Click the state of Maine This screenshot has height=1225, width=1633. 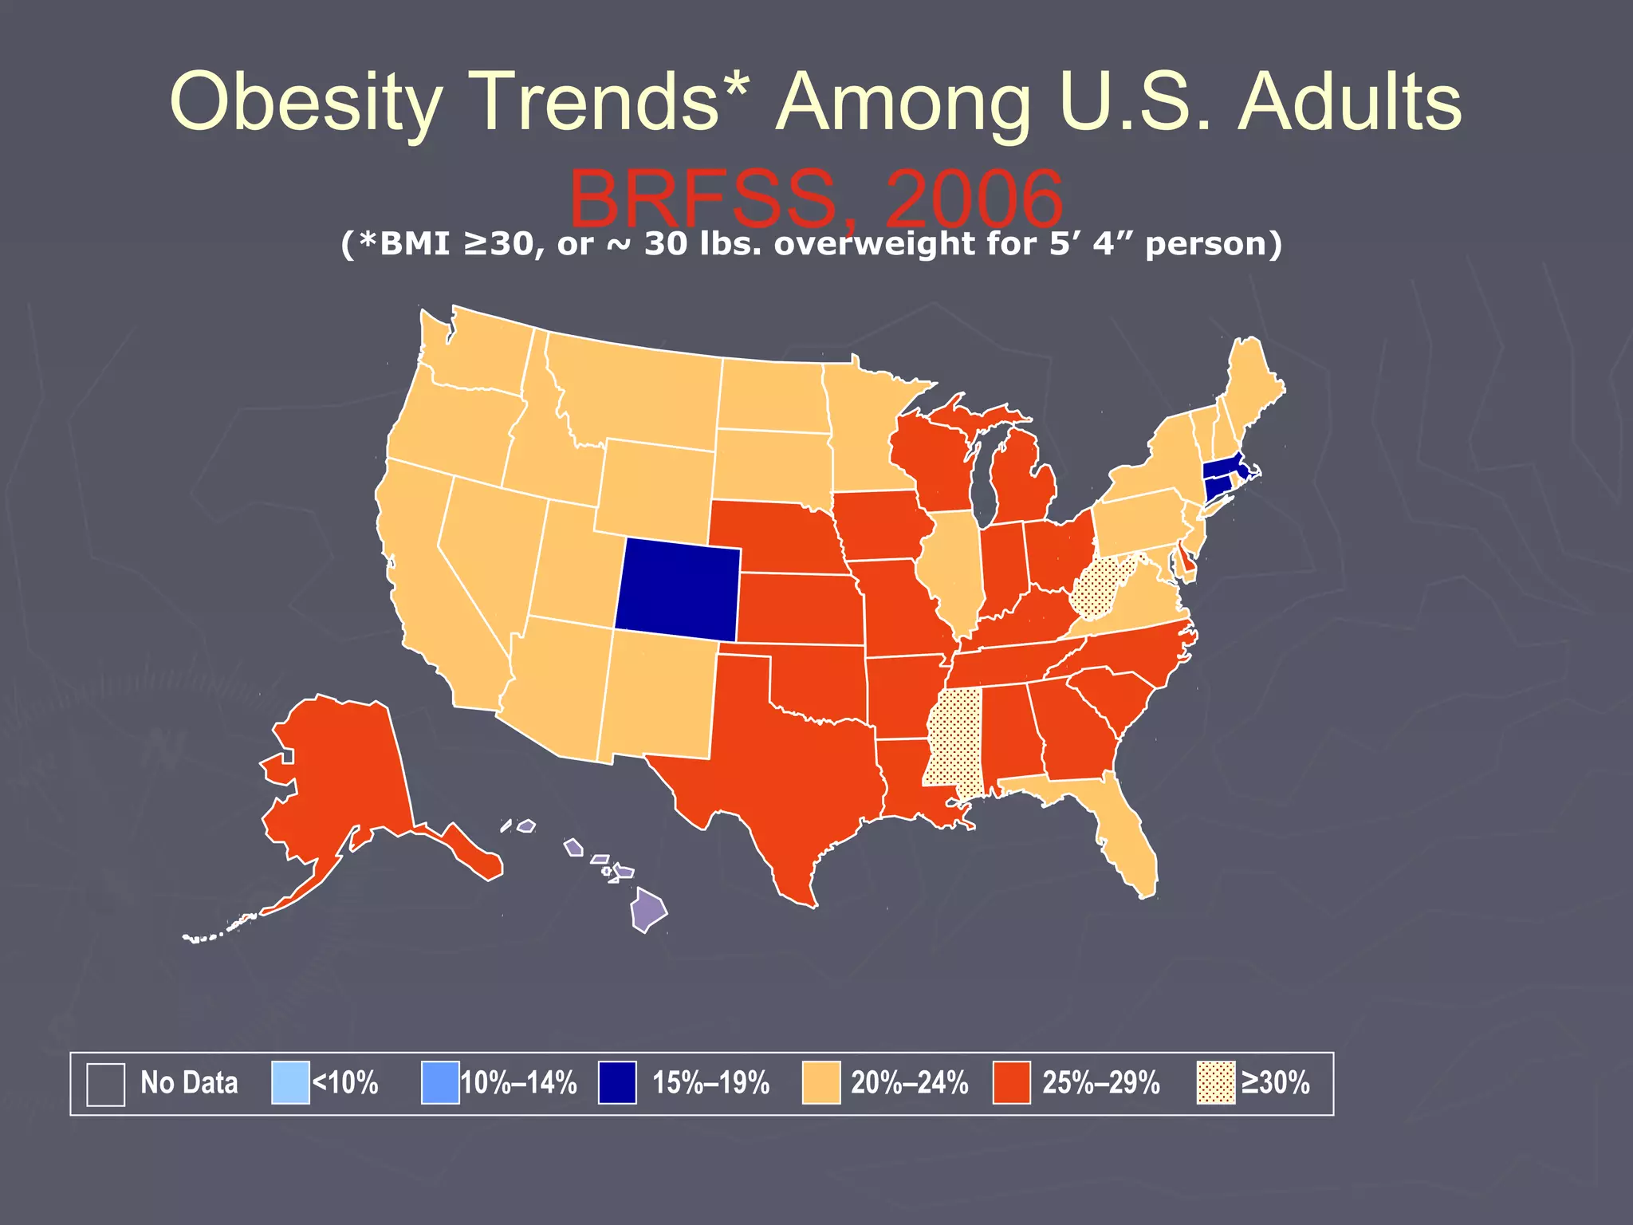point(1252,383)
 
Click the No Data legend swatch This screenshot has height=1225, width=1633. point(105,1084)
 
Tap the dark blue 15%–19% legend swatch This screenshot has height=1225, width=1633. point(617,1083)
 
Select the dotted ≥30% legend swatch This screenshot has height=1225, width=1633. point(1216,1083)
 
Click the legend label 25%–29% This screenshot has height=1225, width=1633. point(1100,1083)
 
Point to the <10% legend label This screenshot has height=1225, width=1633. point(344,1083)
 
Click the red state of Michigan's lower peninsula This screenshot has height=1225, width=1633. point(1025,486)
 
